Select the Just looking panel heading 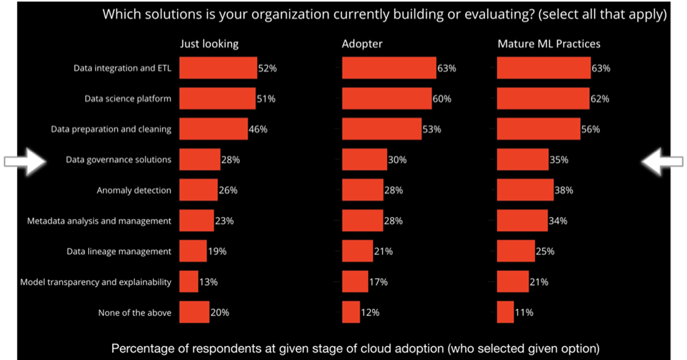coord(209,44)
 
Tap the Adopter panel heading coord(362,44)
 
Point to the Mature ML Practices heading coord(549,44)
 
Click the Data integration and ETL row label coord(122,68)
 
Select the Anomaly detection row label coord(134,190)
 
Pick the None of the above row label coord(135,312)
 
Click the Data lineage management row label coord(119,251)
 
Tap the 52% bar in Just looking coord(218,68)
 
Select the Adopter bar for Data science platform coord(386,98)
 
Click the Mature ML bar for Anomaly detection coord(525,190)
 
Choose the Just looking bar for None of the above coord(194,312)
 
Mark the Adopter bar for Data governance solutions coord(364,160)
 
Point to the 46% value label coord(258,129)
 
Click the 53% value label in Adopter coord(432,129)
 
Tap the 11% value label coord(524,312)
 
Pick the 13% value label coord(208,282)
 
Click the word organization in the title coord(290,14)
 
